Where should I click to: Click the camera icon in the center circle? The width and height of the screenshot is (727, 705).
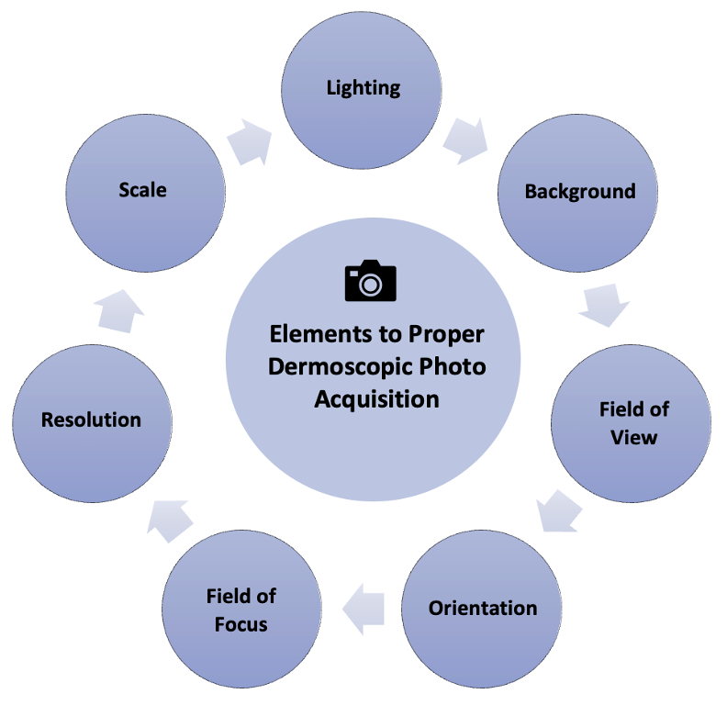click(x=371, y=281)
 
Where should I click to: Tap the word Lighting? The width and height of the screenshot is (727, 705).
click(x=363, y=88)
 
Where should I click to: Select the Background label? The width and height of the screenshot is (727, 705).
click(x=580, y=192)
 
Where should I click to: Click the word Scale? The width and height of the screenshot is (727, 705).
click(x=142, y=190)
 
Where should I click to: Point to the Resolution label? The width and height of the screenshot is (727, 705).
click(x=92, y=420)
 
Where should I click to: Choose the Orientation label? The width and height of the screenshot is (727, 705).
click(x=483, y=608)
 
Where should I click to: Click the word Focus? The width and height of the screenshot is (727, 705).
click(x=241, y=624)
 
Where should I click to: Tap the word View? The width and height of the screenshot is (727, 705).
click(x=633, y=437)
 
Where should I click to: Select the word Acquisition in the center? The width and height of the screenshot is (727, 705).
click(x=376, y=399)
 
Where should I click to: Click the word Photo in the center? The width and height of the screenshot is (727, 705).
click(x=453, y=366)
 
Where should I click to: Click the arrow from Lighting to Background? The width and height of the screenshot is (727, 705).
click(x=465, y=141)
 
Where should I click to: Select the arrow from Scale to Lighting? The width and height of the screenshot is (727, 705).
click(x=250, y=142)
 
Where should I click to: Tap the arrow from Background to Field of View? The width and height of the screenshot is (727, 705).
click(x=604, y=305)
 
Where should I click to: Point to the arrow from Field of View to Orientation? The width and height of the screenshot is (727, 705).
click(x=559, y=510)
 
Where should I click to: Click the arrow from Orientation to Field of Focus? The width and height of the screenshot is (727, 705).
click(x=363, y=609)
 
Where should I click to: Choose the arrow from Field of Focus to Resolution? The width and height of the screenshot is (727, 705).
click(x=170, y=520)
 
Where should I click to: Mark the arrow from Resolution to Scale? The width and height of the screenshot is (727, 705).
click(x=119, y=311)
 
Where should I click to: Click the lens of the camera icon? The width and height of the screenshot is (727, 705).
click(x=371, y=285)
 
